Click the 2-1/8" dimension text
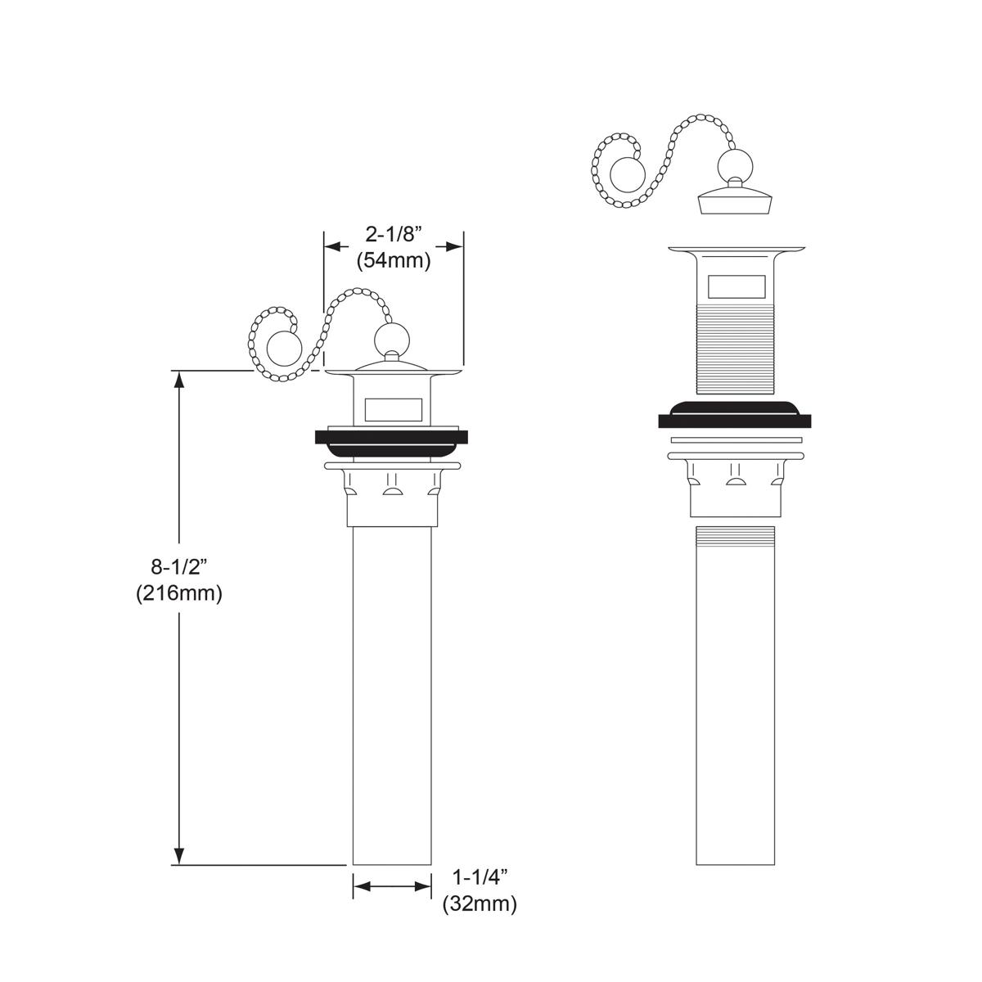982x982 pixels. tap(393, 235)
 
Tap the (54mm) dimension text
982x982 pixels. tap(393, 262)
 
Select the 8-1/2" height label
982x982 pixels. tap(178, 565)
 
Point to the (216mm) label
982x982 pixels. tap(178, 593)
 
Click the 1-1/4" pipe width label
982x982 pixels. tap(480, 877)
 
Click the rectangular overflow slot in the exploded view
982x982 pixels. tap(735, 286)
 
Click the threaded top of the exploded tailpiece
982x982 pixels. tap(734, 537)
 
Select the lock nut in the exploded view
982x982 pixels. tap(734, 487)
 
